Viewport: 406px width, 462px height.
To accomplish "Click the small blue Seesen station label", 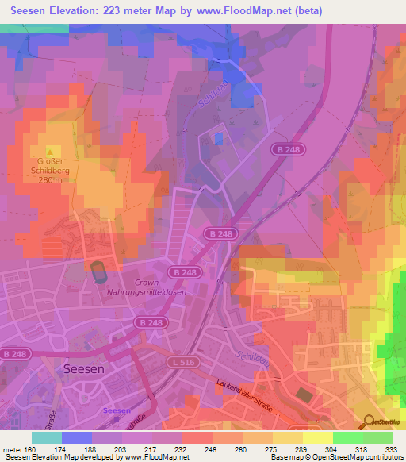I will pos(117,410).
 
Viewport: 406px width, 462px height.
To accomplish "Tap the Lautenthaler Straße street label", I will pos(245,395).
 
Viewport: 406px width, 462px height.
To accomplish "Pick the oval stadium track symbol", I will pos(98,272).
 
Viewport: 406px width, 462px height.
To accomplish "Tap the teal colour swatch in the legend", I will pos(47,437).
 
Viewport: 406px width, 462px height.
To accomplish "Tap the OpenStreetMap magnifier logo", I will pos(367,421).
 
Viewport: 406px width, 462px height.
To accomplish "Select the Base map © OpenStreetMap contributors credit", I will pos(336,457).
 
